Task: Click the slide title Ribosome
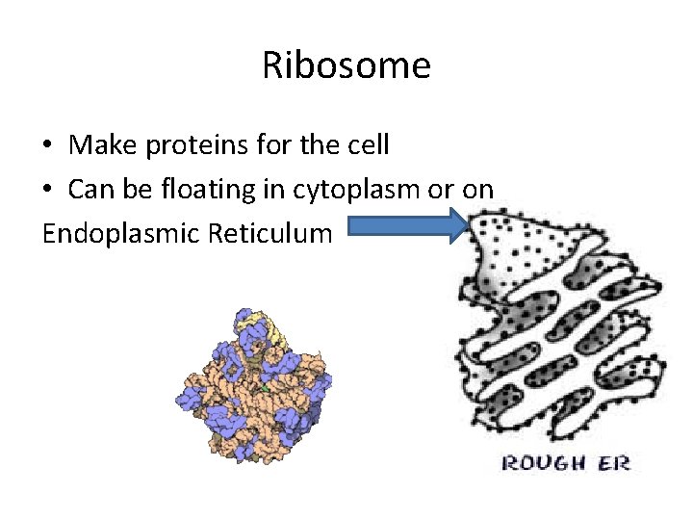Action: coord(346,66)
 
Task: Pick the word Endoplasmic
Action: coord(121,233)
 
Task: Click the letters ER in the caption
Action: coord(614,463)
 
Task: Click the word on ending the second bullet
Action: coord(477,191)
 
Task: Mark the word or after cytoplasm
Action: coord(440,191)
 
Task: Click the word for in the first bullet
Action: coord(260,145)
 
